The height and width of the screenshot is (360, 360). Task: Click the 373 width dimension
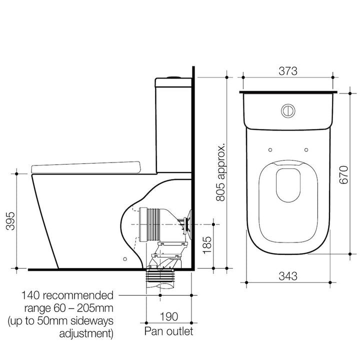[x=287, y=71]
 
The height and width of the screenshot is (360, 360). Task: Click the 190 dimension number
[x=168, y=316]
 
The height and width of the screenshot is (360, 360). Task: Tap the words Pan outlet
[x=168, y=331]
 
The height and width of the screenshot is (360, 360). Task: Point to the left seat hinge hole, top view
[x=270, y=148]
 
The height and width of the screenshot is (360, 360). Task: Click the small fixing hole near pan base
[x=124, y=258]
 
